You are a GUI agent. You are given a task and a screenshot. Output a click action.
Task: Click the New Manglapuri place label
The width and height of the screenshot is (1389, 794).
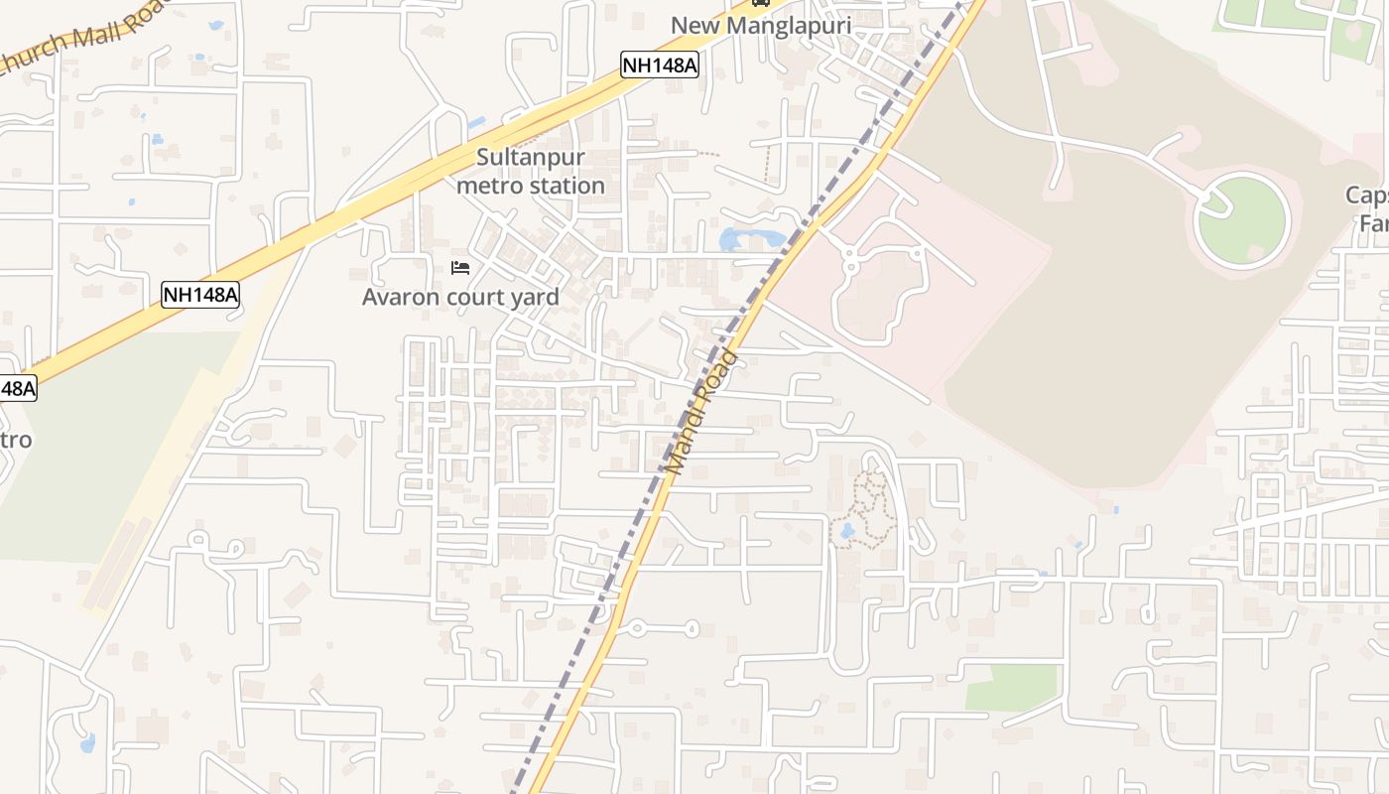tap(761, 25)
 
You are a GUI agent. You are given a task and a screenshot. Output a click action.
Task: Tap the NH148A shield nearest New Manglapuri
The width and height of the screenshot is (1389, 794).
tap(660, 66)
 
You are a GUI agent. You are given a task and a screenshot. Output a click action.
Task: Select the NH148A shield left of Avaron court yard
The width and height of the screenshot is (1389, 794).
tap(200, 294)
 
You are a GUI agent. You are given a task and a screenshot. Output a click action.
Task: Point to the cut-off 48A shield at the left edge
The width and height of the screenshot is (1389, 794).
tap(17, 388)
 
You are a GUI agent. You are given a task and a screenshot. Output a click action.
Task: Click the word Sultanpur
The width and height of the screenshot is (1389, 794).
tap(531, 157)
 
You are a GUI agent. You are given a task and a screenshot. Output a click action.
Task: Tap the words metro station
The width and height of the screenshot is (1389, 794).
tap(531, 186)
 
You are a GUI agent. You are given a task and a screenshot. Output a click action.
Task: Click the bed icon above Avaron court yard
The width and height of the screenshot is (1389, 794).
tap(460, 268)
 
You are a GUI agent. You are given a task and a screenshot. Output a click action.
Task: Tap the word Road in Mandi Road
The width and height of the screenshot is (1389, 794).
tap(719, 374)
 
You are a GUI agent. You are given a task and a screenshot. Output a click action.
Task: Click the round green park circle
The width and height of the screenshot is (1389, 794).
tap(1242, 220)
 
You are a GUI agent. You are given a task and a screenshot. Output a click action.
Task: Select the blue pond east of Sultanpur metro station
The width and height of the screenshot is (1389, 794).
tap(746, 238)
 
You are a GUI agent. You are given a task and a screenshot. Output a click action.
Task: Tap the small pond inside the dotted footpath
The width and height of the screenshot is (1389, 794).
tap(846, 531)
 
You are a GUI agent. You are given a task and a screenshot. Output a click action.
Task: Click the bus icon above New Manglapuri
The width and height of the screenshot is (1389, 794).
tap(761, 3)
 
